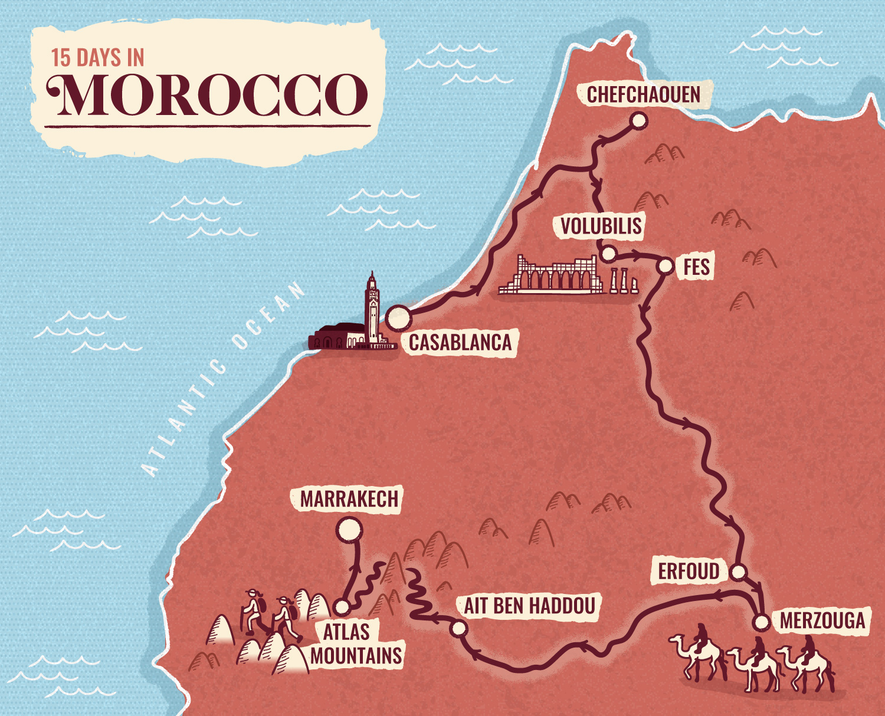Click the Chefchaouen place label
644,95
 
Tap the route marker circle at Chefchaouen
638,121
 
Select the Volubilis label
601,226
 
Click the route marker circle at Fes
666,266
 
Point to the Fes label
696,267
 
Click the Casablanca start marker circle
398,317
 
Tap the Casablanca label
460,343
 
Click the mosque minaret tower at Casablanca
372,307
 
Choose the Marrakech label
349,500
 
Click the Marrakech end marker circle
349,529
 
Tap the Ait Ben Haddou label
529,606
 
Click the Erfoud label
689,572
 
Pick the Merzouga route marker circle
762,622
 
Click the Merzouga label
822,621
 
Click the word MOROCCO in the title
208,95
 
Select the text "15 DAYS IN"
97,58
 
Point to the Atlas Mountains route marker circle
342,606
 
